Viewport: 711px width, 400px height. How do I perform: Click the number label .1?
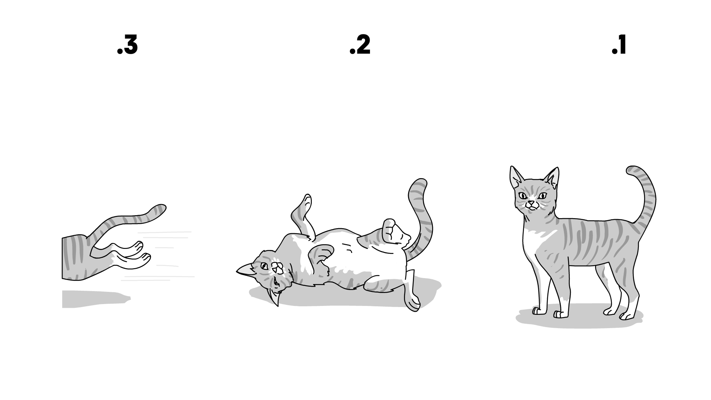pos(619,46)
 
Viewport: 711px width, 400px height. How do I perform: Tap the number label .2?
pos(360,46)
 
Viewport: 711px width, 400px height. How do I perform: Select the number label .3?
pos(127,46)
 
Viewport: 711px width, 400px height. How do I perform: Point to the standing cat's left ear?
pos(515,177)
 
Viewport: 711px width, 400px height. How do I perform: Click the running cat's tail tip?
pos(161,209)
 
